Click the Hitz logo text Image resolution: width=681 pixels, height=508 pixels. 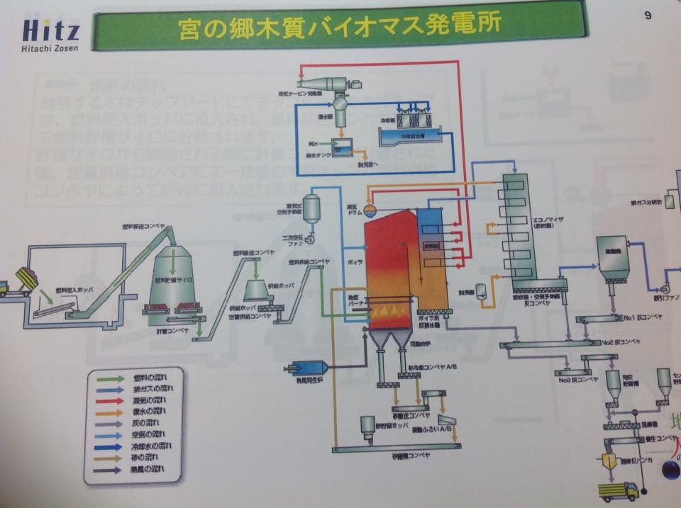point(51,30)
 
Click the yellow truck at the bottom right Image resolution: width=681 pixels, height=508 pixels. point(618,490)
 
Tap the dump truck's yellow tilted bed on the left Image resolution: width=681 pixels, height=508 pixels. point(26,277)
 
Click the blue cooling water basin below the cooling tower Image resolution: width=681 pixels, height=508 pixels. point(408,135)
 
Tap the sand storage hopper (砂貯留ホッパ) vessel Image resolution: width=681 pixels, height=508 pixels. point(367,425)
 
